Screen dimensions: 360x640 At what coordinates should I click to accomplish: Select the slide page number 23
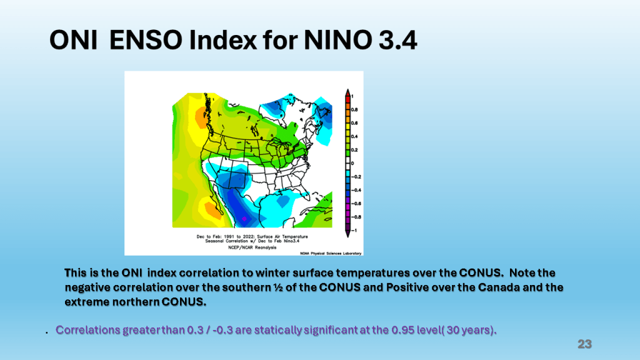click(584, 344)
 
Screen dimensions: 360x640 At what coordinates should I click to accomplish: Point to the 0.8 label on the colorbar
click(354, 109)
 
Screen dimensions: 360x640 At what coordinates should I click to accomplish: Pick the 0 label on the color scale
click(352, 163)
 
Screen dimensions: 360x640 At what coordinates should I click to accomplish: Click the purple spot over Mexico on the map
click(244, 218)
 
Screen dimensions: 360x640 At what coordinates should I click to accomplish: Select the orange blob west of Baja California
click(211, 209)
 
